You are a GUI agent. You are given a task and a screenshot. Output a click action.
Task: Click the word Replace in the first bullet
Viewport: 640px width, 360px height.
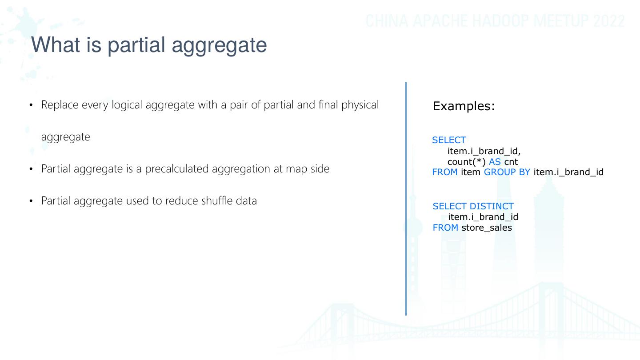pos(60,105)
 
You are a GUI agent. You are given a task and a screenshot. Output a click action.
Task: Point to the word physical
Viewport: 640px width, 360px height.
pos(360,105)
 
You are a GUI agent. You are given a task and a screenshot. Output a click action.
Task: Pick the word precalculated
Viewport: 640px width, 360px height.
pos(176,169)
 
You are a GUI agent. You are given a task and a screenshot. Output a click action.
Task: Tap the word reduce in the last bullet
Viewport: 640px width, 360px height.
pos(182,201)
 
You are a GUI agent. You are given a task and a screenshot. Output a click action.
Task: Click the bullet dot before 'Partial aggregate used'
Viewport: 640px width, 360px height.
pos(31,201)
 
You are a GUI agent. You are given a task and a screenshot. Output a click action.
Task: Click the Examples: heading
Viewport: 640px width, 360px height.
pos(464,106)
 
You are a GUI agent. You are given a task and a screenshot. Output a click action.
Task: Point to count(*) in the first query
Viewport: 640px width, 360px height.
pos(466,162)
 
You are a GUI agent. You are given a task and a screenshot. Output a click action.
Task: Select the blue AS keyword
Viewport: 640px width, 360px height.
pos(495,162)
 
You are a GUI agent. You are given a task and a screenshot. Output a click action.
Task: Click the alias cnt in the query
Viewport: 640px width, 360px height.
pos(511,162)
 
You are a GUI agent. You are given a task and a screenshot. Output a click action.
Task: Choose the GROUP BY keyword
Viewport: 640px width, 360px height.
pos(507,172)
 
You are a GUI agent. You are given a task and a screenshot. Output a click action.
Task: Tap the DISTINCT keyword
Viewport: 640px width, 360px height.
pos(491,206)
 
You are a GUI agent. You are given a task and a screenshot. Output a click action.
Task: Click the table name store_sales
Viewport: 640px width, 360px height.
pos(487,228)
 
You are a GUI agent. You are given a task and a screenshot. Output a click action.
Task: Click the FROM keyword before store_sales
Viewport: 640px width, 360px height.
pos(445,228)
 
